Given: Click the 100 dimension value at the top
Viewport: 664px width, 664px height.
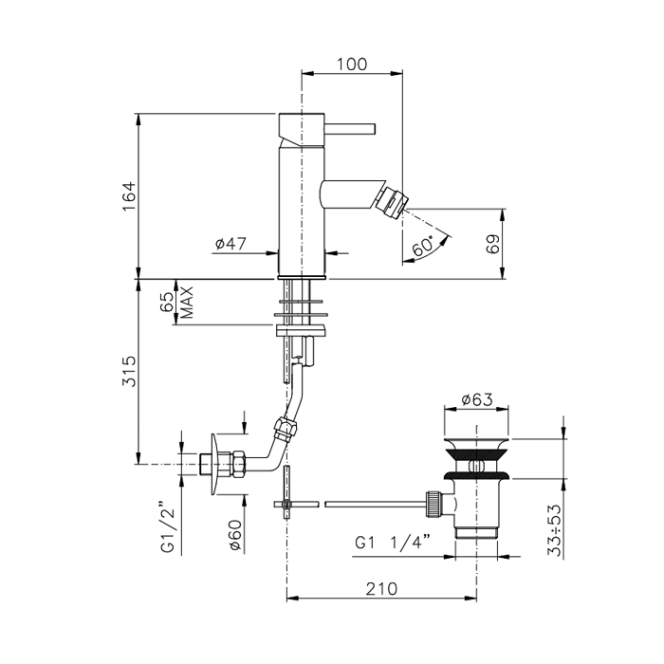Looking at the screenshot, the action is tap(352, 65).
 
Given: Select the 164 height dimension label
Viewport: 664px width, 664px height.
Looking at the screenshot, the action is tap(128, 196).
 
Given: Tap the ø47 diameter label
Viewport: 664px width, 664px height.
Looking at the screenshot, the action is tap(231, 244).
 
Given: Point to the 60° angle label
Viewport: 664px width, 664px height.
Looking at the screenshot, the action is tap(423, 246).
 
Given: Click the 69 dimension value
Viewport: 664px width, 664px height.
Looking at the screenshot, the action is tap(492, 244).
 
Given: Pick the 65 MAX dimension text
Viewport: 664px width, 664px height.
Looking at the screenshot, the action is tap(177, 302).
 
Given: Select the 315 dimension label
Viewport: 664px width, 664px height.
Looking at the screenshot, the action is tap(129, 371).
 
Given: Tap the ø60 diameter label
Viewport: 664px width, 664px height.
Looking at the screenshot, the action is tap(235, 535).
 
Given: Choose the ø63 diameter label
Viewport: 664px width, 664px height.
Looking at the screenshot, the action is tap(477, 399).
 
